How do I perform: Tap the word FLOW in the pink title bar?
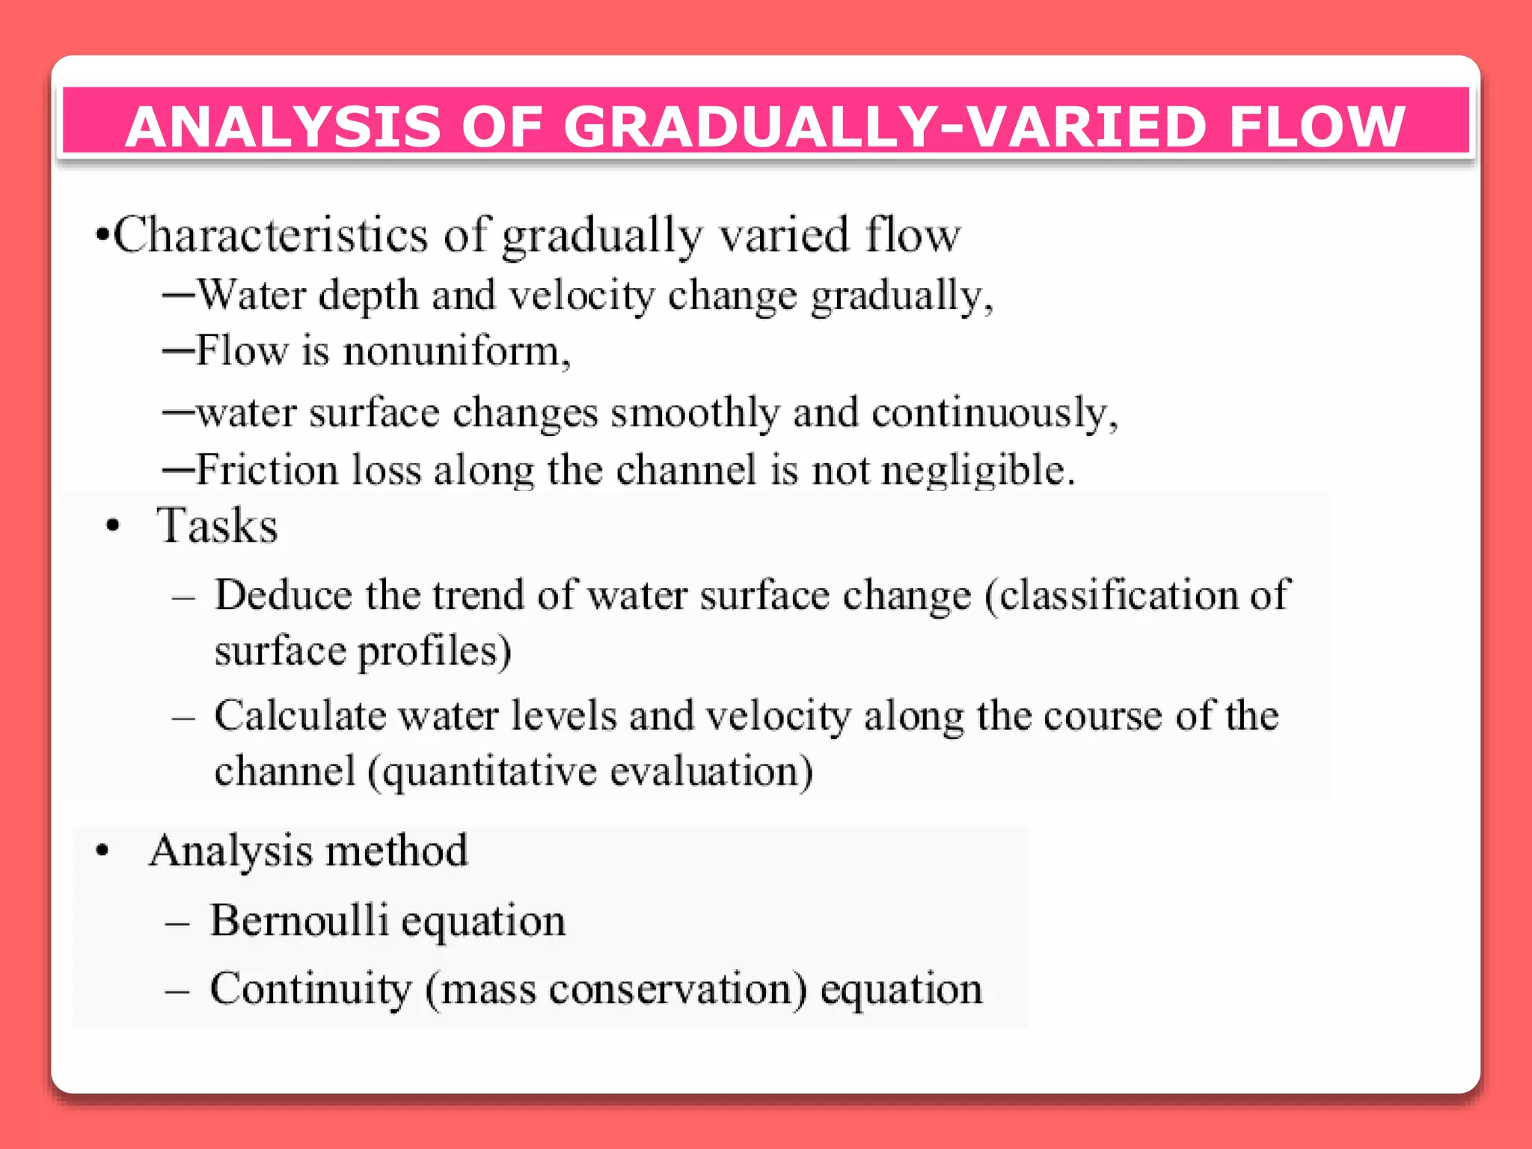tap(1317, 126)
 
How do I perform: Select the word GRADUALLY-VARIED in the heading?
tap(883, 126)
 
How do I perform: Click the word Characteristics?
tap(271, 235)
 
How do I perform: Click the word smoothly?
tap(695, 413)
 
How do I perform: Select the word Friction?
tap(267, 471)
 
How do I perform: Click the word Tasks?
tap(217, 526)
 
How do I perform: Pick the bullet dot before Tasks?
tap(113, 526)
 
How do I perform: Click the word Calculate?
tap(299, 716)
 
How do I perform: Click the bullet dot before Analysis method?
tap(103, 851)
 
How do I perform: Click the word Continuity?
tap(310, 989)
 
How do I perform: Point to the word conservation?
tap(677, 990)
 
